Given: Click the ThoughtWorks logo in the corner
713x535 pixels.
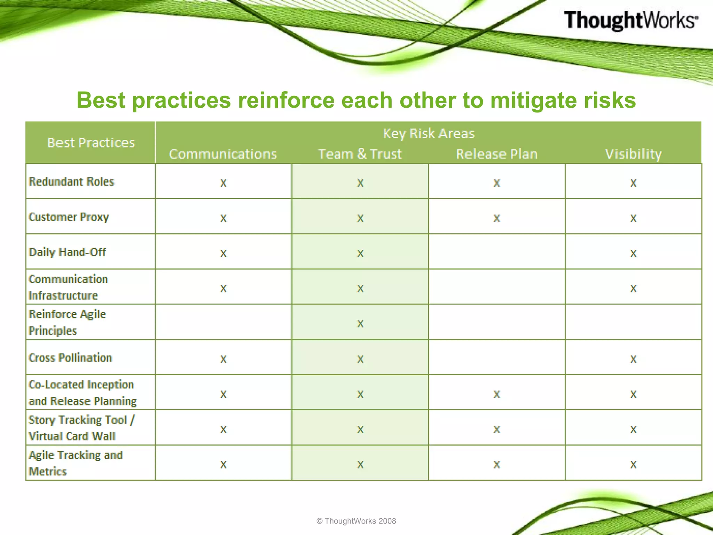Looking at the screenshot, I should pos(630,20).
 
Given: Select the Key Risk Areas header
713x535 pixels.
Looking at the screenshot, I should pos(428,133).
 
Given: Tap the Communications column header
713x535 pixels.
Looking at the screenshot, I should pos(223,154).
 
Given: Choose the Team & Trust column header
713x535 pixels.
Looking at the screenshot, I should pos(360,154).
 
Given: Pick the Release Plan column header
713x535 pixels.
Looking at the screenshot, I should pos(496,154).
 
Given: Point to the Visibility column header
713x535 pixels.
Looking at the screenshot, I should pos(633,154).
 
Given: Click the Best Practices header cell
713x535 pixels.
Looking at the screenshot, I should pos(91,143).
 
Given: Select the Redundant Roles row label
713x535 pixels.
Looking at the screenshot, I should pos(71,181).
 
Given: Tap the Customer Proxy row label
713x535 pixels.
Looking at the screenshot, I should pos(69,217).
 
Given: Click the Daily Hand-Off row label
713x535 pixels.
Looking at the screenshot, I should pos(67,252).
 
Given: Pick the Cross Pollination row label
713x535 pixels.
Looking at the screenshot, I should pos(70,358).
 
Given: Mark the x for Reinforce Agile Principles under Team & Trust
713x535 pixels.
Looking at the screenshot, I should pos(360,324).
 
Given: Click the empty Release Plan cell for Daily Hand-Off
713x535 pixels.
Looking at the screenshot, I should pos(496,252).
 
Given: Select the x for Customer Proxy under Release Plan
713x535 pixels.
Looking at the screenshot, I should pos(496,218).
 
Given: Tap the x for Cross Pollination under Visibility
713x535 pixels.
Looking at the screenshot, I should pos(633,359).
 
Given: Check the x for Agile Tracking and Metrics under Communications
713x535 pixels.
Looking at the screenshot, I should pos(224,465).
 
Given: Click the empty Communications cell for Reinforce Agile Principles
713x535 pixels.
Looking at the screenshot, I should pos(224,322).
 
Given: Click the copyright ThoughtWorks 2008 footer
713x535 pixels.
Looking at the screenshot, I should pos(356,521).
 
